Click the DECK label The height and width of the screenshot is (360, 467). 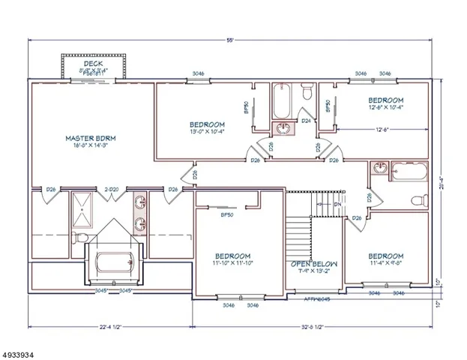[x=93, y=64]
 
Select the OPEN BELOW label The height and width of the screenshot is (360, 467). [x=314, y=265]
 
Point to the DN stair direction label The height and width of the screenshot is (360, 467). [x=337, y=202]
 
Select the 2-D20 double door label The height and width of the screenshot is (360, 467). [x=111, y=189]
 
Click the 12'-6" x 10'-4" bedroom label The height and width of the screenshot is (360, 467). [x=386, y=103]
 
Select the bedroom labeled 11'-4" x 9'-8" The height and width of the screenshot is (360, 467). [x=386, y=259]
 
